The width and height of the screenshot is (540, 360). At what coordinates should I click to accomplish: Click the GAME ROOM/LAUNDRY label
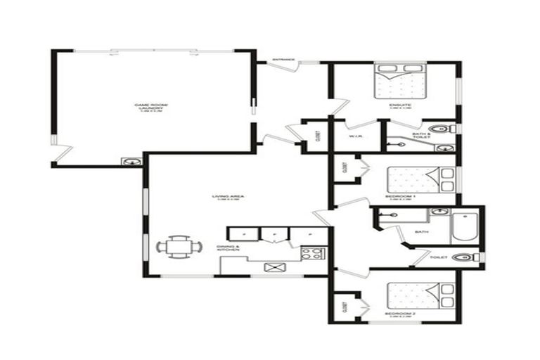pos(156,107)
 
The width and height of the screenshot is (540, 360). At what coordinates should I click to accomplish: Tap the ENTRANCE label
pos(282,60)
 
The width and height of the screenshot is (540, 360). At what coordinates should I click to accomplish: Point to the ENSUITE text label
pos(400,105)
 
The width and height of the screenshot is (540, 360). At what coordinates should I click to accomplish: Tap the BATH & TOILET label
pos(422,136)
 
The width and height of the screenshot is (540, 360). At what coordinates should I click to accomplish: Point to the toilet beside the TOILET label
pos(462,257)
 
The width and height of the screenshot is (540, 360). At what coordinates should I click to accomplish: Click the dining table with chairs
pos(179,246)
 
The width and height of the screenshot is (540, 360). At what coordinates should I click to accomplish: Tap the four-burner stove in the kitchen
pos(311,252)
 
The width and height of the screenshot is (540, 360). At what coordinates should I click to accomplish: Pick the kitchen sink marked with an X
pos(272,266)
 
